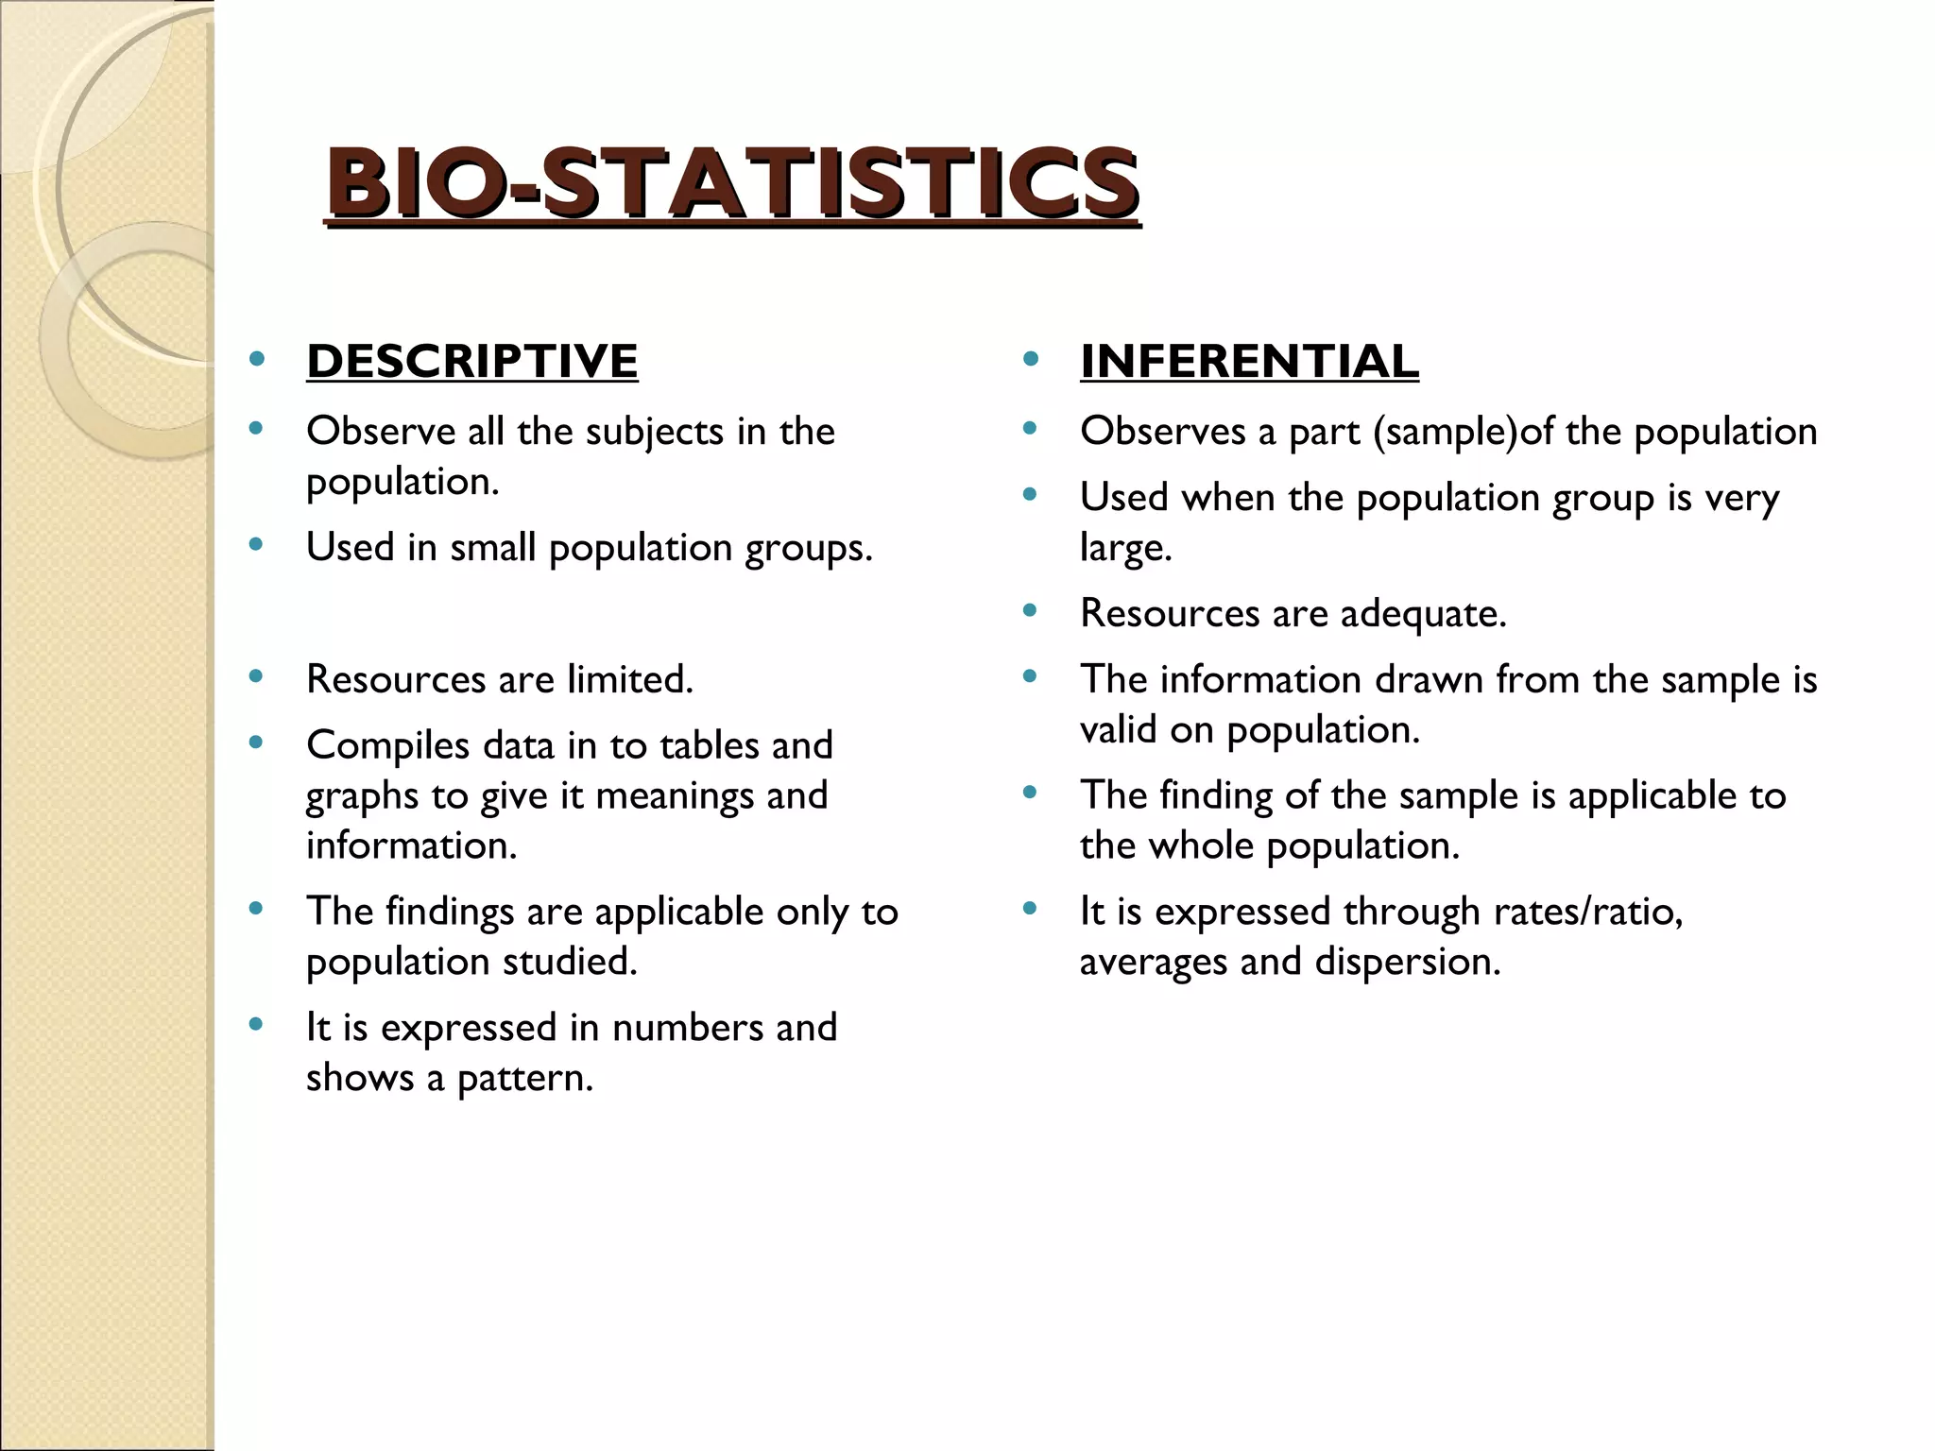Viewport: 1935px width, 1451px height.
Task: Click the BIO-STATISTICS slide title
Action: (x=732, y=183)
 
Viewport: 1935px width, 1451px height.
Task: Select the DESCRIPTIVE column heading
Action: (x=472, y=362)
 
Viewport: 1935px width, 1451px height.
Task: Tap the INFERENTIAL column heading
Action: (x=1249, y=362)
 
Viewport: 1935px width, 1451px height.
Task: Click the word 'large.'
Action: (x=1125, y=548)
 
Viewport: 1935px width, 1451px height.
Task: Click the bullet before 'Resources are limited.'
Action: (x=255, y=677)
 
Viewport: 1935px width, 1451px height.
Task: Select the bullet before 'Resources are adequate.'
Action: (x=1030, y=611)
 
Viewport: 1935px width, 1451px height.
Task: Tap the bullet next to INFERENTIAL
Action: (x=1030, y=360)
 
